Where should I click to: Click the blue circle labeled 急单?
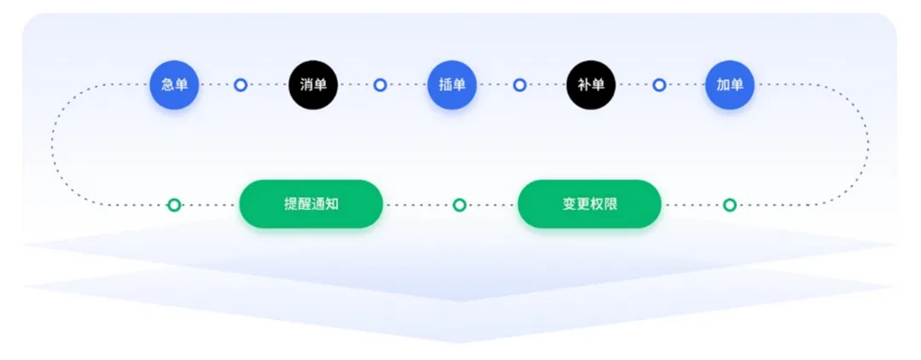174,84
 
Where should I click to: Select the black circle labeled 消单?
313,84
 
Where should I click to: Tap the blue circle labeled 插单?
452,84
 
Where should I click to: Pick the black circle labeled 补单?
591,84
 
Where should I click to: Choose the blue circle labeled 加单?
729,84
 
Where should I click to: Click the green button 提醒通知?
311,204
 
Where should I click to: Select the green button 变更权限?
590,204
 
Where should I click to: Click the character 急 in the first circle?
167,84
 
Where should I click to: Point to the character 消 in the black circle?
307,84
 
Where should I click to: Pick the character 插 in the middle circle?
445,84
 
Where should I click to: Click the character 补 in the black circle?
584,84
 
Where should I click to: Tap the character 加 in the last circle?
723,84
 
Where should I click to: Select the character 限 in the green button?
611,205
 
